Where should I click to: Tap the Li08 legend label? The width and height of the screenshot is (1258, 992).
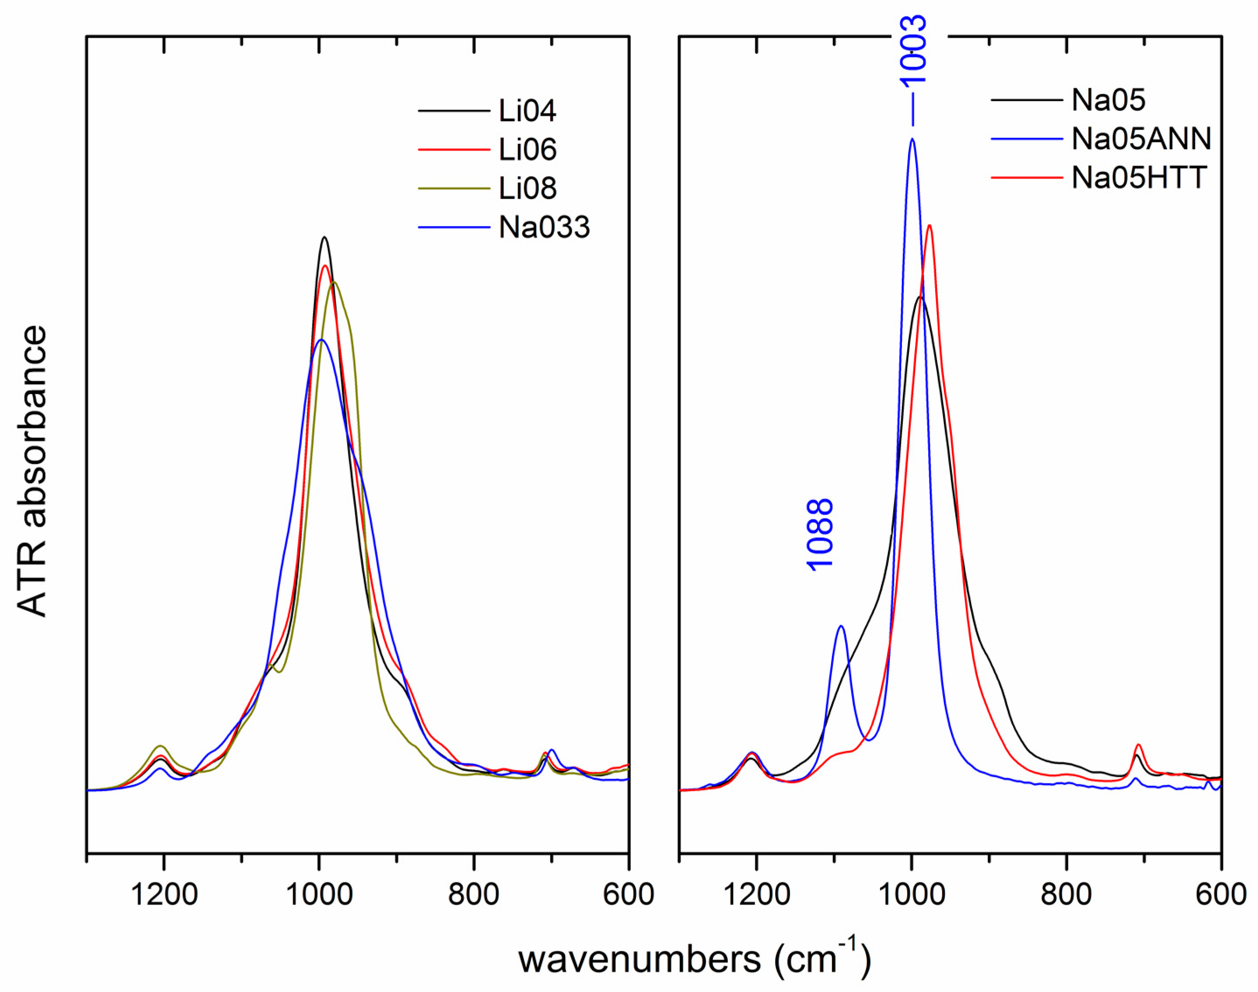click(527, 188)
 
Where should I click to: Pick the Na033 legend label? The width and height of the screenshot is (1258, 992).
click(544, 227)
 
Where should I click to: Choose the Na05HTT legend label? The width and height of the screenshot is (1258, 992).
click(1139, 177)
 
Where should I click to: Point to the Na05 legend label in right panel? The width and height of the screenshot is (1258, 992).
click(1108, 100)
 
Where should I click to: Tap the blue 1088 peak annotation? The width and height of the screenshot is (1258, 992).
click(820, 534)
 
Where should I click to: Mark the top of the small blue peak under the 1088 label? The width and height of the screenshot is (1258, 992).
click(841, 626)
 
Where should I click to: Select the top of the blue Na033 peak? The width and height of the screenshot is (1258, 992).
click(321, 339)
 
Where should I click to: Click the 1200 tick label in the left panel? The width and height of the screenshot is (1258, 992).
click(164, 895)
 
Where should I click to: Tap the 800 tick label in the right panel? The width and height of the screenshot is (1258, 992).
click(1066, 895)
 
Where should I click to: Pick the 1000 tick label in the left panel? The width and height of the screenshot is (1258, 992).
click(319, 895)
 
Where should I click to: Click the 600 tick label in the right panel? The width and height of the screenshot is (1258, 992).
click(1220, 895)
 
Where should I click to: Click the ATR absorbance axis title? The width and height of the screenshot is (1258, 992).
click(32, 470)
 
